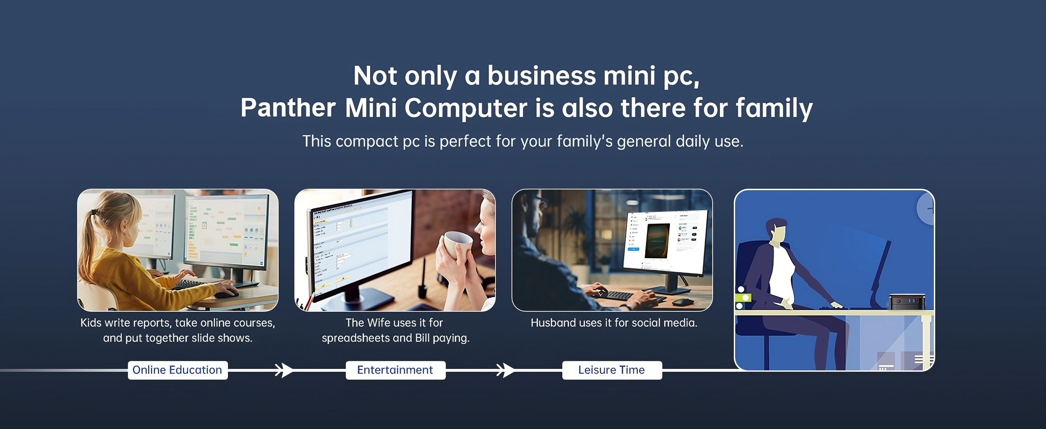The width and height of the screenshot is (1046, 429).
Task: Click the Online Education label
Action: click(177, 370)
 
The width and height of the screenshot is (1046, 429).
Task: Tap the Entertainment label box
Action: click(396, 370)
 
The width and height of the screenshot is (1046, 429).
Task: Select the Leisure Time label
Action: click(612, 370)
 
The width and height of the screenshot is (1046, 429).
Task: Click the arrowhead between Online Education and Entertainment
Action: click(285, 370)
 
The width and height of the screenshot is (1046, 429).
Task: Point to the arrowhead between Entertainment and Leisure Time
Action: click(506, 370)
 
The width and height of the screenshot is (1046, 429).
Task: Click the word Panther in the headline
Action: click(288, 108)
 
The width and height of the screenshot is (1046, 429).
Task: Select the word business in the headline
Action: click(541, 76)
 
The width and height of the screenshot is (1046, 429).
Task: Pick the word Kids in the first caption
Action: click(91, 323)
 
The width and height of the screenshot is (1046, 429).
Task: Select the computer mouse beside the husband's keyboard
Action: click(682, 302)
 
